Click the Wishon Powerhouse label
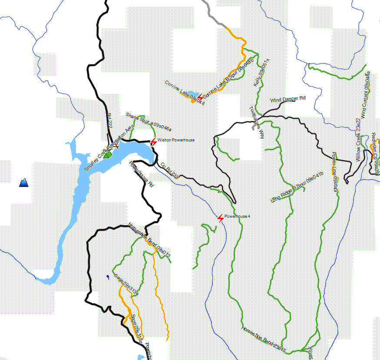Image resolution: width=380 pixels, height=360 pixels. [176, 140]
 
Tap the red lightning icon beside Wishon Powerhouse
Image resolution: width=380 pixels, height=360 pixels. [153, 142]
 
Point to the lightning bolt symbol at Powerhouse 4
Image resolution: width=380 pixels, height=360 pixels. [221, 218]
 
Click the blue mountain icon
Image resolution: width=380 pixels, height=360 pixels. [24, 183]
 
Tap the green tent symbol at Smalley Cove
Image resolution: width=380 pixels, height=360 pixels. [108, 154]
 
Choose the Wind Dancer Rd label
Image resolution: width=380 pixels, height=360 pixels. [288, 99]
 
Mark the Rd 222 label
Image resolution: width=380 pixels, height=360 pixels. [109, 121]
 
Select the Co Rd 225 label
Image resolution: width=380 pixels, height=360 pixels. [170, 170]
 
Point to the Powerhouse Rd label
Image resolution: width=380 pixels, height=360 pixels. [142, 173]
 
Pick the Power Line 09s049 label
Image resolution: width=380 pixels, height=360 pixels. [335, 172]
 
